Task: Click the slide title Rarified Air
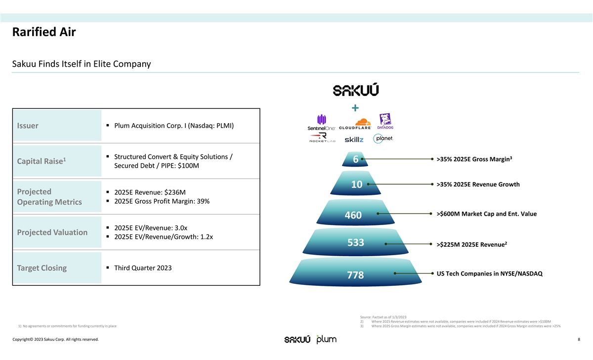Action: point(44,33)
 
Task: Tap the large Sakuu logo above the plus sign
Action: point(356,90)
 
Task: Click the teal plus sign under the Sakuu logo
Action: point(355,108)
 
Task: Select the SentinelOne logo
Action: point(321,123)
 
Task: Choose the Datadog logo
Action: point(385,121)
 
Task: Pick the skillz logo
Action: point(354,139)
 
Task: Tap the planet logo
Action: point(383,138)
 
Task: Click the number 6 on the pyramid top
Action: point(356,160)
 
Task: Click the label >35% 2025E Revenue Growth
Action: point(478,184)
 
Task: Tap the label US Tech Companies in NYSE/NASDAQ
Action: point(490,273)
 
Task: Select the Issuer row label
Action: point(28,126)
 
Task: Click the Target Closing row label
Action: point(42,268)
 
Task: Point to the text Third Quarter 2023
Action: point(143,268)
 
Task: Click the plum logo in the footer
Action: point(326,339)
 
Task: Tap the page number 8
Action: point(579,339)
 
